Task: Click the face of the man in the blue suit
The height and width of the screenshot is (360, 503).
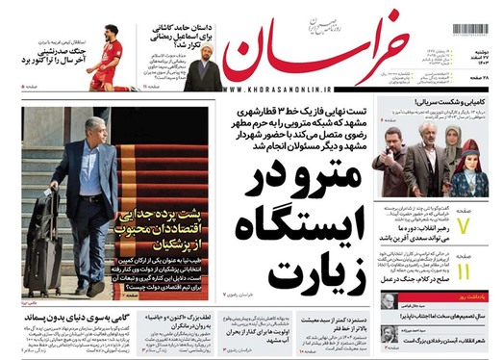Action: click(x=85, y=127)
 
